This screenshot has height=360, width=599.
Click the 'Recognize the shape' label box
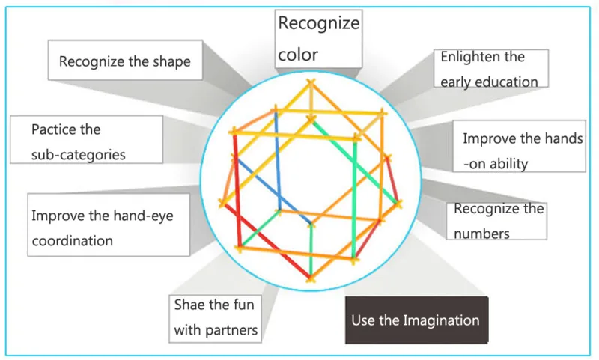tap(124, 61)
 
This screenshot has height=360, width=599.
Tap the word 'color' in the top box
tap(298, 54)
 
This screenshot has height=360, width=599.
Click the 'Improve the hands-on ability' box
tap(520, 151)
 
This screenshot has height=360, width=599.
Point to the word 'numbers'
tap(481, 233)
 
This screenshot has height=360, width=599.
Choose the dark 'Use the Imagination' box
tap(416, 320)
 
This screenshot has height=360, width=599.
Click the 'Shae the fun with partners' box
tap(216, 317)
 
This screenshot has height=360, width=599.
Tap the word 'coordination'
tap(72, 240)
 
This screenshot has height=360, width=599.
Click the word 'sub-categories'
tap(78, 154)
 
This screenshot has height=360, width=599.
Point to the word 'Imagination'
tap(441, 320)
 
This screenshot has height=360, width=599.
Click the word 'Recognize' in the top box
tap(318, 23)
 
